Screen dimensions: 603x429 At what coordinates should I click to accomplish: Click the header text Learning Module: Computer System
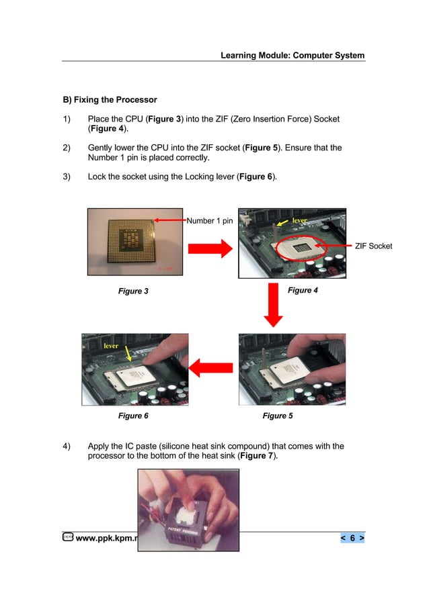coord(292,55)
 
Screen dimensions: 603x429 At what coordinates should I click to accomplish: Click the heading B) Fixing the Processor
coord(110,100)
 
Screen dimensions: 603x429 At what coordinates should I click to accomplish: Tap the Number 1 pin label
coord(209,220)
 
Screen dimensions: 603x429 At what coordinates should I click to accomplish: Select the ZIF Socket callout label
coord(373,247)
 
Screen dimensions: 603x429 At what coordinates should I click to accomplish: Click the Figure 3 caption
coord(133,291)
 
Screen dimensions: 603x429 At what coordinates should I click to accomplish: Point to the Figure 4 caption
coord(303,290)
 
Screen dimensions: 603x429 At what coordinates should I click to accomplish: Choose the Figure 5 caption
coord(278,416)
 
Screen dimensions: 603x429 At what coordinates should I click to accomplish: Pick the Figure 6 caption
coord(133,416)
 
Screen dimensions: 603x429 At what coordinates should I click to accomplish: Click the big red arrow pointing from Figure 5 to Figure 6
coord(212,367)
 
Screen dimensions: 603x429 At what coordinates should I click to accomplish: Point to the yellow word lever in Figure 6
coord(112,345)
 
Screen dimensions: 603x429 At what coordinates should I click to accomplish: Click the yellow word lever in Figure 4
coord(299,220)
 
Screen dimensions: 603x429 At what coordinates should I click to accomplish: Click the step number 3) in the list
coord(67,177)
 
